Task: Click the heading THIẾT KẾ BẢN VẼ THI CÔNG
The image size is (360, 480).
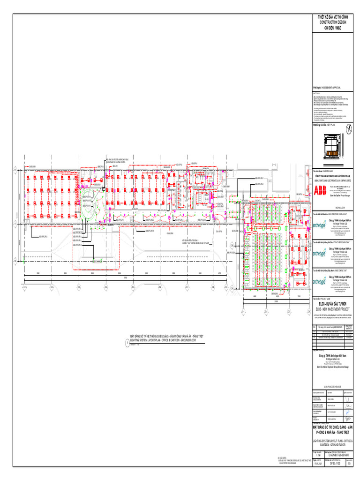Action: point(333,17)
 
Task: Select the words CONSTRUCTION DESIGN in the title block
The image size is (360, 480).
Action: point(333,22)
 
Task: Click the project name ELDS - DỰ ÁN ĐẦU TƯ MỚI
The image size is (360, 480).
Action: point(333,304)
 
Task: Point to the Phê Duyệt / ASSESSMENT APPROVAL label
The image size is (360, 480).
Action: point(327,88)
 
